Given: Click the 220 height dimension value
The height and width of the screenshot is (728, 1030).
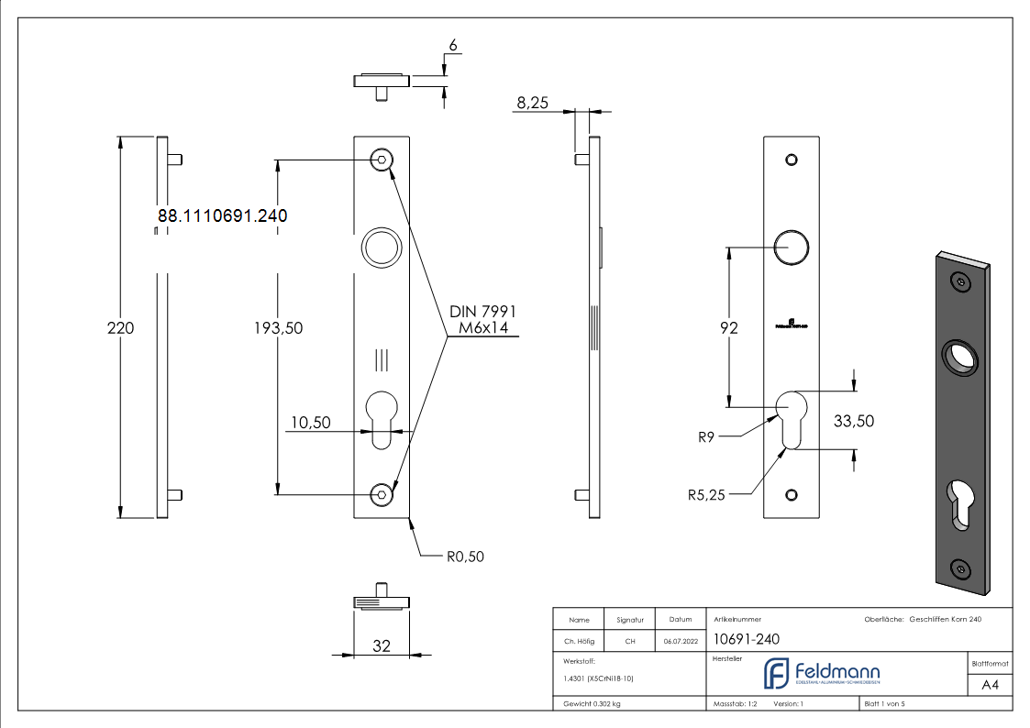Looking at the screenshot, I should point(120,327).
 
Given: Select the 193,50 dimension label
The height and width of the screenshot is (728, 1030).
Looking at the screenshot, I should point(278,328).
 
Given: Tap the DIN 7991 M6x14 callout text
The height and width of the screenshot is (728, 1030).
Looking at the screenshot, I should point(482,320).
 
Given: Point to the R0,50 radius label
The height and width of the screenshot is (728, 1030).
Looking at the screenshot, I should point(465,557).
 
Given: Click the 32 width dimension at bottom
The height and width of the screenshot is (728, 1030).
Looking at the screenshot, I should point(382,646).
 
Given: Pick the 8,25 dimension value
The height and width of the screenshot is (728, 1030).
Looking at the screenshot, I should point(532,104).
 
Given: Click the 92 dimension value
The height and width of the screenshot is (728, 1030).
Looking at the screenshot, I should point(728,327).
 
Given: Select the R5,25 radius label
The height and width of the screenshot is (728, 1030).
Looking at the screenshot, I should point(706,495).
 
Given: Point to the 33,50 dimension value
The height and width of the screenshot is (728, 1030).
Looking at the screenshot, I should point(853,421).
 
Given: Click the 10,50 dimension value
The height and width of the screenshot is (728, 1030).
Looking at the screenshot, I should point(309,423).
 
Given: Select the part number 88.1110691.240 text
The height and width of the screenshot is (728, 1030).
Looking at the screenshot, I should point(223,216).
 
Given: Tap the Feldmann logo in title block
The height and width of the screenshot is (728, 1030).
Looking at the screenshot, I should point(822,674).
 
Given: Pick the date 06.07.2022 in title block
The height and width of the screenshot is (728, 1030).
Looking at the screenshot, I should point(681,642).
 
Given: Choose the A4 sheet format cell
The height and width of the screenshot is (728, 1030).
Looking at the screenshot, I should point(990,685).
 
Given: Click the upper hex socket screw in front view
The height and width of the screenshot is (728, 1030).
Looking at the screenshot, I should point(382,160).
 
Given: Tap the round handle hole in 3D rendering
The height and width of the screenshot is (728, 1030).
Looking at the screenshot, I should point(959,358).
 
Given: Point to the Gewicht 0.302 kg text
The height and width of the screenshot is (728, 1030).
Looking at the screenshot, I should point(592,704).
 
